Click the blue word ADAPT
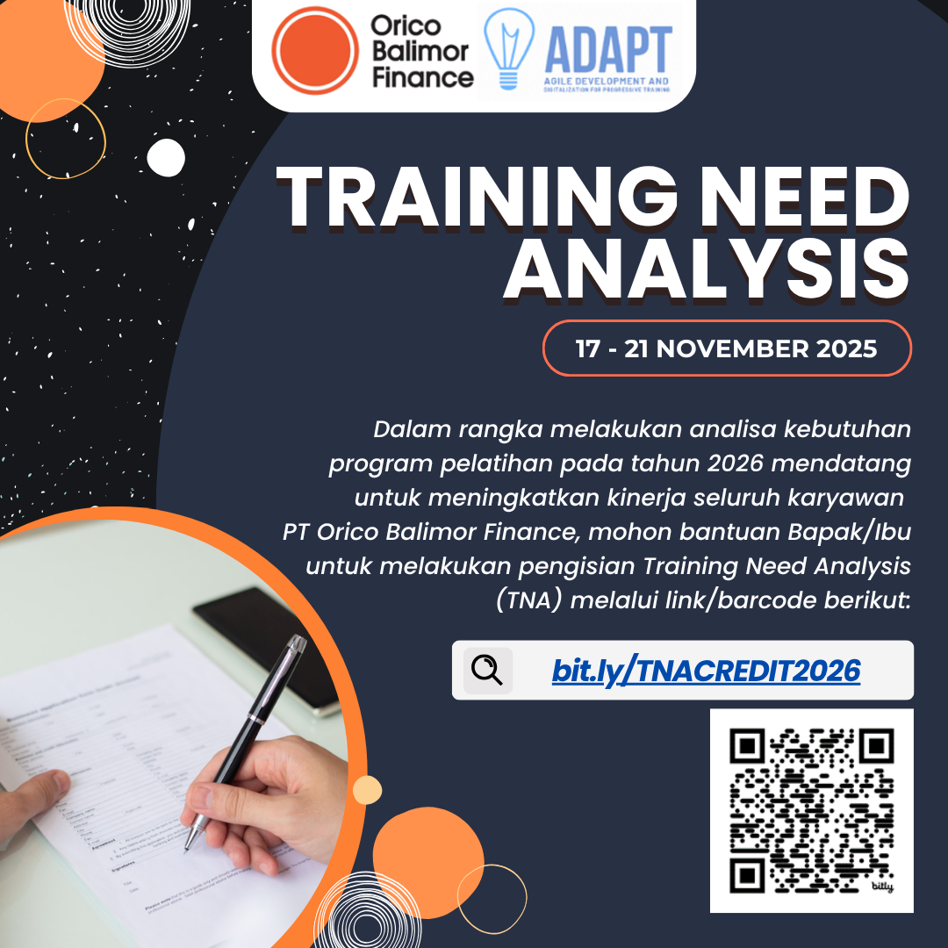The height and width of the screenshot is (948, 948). tap(607, 49)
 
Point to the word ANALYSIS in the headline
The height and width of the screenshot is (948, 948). tap(706, 269)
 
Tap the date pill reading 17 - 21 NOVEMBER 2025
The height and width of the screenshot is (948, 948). tap(727, 348)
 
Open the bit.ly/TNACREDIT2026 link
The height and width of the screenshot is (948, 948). tap(706, 671)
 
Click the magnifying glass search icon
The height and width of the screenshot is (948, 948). tap(487, 671)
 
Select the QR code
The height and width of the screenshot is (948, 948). tap(811, 809)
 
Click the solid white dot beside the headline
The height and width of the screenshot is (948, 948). tap(166, 157)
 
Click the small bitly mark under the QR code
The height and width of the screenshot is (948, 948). tap(881, 887)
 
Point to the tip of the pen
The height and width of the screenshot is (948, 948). tap(187, 847)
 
